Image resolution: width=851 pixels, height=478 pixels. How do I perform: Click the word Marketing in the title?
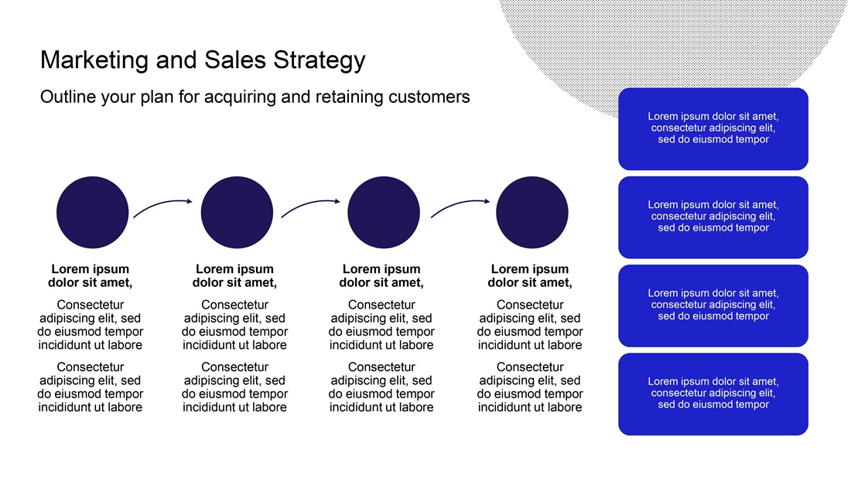pyautogui.click(x=94, y=60)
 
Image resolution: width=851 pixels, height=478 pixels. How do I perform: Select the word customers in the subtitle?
pyautogui.click(x=429, y=97)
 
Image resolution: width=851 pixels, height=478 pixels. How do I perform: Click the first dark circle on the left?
pyautogui.click(x=92, y=212)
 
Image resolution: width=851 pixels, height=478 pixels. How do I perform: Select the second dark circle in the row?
pyautogui.click(x=237, y=212)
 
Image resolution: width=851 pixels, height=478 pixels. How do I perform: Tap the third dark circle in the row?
pyautogui.click(x=383, y=212)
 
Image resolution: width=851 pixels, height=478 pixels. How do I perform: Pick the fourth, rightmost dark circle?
pyautogui.click(x=532, y=212)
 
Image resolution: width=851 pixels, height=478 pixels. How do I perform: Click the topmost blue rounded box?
pyautogui.click(x=713, y=128)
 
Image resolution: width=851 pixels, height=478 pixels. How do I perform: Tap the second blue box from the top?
pyautogui.click(x=713, y=217)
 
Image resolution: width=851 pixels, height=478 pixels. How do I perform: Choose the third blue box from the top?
pyautogui.click(x=713, y=306)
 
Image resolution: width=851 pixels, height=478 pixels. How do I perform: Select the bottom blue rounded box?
pyautogui.click(x=713, y=394)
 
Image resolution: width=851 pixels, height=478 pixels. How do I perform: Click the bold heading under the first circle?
pyautogui.click(x=90, y=275)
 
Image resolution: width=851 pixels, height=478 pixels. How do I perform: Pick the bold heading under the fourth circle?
pyautogui.click(x=530, y=275)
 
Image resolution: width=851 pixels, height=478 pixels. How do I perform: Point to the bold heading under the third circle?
pyautogui.click(x=381, y=275)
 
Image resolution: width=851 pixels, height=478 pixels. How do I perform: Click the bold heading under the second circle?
pyautogui.click(x=234, y=275)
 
